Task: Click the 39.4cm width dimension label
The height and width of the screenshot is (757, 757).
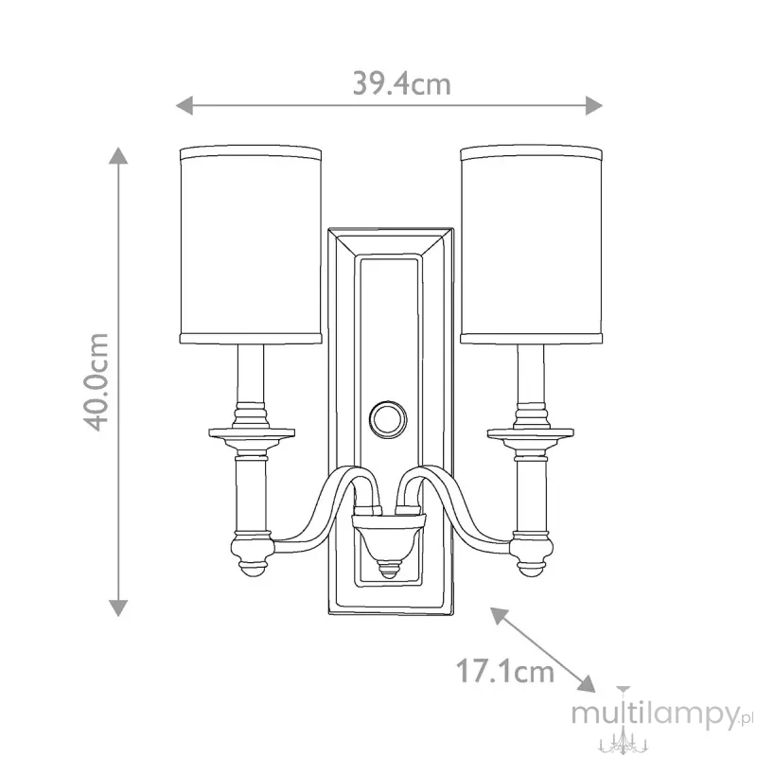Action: [x=401, y=83]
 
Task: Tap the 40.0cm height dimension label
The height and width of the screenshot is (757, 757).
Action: [x=97, y=381]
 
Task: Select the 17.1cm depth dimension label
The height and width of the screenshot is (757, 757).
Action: [x=505, y=671]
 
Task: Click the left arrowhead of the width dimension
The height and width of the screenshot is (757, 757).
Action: [x=185, y=105]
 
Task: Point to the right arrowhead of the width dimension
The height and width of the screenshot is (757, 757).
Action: [x=594, y=105]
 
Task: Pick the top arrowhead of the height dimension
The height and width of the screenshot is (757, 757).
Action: [x=118, y=155]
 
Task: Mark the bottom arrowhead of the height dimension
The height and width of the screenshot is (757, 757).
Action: [x=118, y=607]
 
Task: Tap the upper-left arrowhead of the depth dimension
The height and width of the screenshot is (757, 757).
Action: [x=500, y=616]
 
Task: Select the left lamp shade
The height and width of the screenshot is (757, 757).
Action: [x=251, y=244]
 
